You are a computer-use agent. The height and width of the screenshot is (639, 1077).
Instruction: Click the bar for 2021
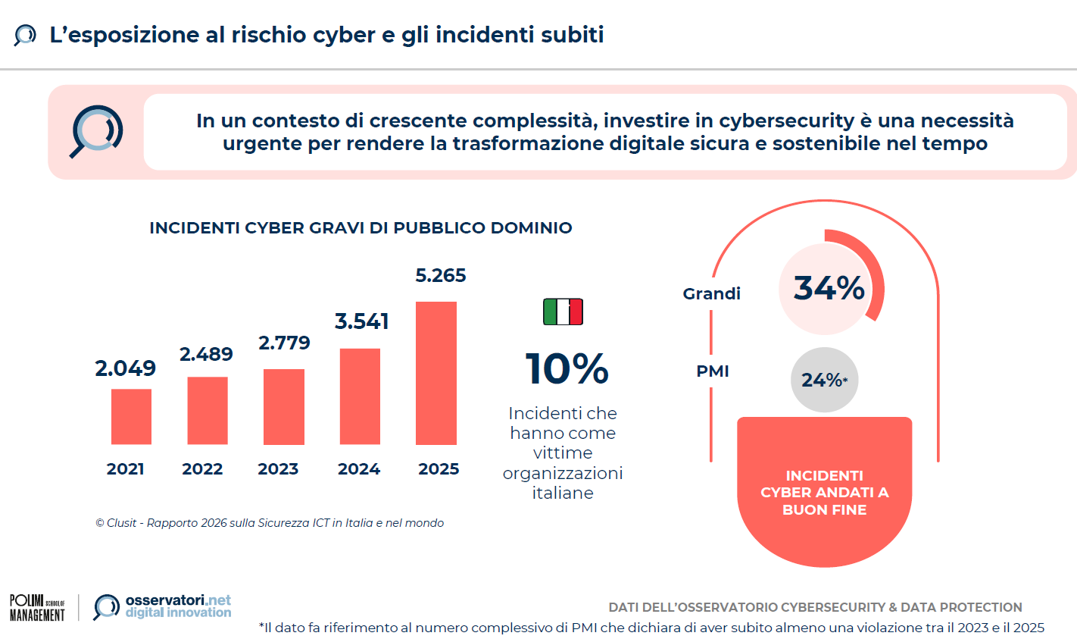(x=131, y=416)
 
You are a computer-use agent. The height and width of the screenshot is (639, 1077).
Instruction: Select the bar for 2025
(x=436, y=373)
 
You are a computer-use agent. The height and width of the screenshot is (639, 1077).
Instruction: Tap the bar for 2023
(x=284, y=406)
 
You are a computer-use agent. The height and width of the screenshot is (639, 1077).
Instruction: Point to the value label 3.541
(x=361, y=321)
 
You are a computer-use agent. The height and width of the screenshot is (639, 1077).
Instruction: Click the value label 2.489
(x=206, y=354)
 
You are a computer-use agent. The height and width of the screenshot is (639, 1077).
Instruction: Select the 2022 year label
(x=202, y=469)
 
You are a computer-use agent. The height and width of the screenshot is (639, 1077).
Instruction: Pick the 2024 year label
(x=359, y=469)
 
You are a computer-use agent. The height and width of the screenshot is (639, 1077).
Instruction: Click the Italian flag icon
(x=563, y=312)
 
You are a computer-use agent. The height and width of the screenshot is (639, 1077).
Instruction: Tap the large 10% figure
(x=567, y=369)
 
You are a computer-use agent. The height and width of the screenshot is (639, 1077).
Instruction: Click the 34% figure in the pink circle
(x=829, y=288)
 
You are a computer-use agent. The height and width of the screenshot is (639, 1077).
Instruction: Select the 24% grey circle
(x=824, y=380)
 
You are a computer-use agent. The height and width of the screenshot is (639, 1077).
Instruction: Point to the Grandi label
(x=711, y=293)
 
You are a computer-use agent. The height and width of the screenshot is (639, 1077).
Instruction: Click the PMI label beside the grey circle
(x=713, y=371)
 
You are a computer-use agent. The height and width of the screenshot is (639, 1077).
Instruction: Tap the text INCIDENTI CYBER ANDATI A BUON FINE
(x=824, y=493)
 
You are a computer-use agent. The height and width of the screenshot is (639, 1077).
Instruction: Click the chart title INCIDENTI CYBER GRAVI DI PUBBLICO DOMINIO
(x=361, y=228)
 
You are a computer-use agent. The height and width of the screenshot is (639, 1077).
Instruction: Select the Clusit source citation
(x=270, y=523)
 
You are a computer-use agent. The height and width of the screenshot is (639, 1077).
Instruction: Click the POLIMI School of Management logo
(x=37, y=608)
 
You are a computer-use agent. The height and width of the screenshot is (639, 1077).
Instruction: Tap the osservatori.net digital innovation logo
(x=163, y=607)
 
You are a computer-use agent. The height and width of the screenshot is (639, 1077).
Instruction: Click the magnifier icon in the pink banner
(x=97, y=131)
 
